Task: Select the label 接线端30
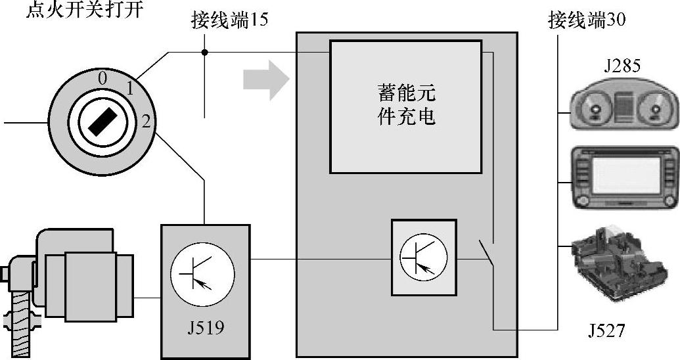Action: pos(587,20)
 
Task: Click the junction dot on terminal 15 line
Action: pos(205,52)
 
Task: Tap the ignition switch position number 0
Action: pos(102,78)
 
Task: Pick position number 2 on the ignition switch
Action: pos(146,120)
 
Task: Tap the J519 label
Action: pos(205,326)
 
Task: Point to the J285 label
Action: pos(621,66)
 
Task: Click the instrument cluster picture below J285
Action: pos(621,107)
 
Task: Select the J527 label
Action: pos(606,330)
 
